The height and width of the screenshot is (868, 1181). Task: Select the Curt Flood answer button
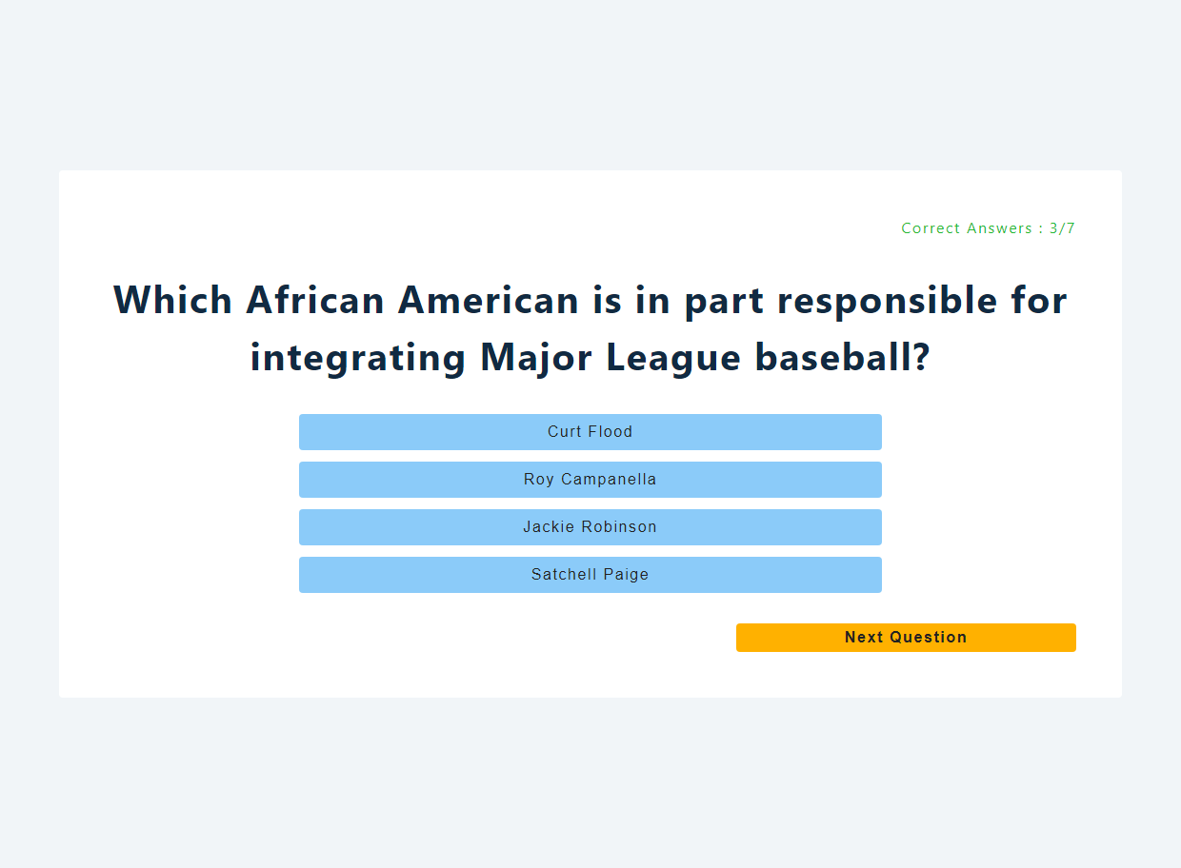coord(590,432)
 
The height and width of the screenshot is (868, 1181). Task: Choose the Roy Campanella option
coord(590,480)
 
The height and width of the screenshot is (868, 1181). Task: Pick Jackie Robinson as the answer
coord(590,527)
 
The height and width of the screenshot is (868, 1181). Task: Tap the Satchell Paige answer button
coord(590,575)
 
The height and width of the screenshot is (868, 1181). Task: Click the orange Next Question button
coord(906,638)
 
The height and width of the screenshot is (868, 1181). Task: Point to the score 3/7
coord(1062,228)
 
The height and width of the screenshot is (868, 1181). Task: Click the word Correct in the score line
coord(931,228)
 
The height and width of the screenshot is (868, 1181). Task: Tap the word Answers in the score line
coord(999,228)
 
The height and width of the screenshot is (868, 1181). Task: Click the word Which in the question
coord(172,300)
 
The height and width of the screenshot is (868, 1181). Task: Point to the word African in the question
coord(314,300)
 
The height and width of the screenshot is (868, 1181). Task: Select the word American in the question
coord(489,300)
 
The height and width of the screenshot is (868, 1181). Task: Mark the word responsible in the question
coord(888,301)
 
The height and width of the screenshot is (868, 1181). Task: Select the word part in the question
coord(724,302)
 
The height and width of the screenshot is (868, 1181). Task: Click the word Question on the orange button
coord(929,637)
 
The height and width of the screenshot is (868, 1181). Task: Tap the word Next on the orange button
coord(864,637)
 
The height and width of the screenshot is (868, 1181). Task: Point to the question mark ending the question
coord(921,357)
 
